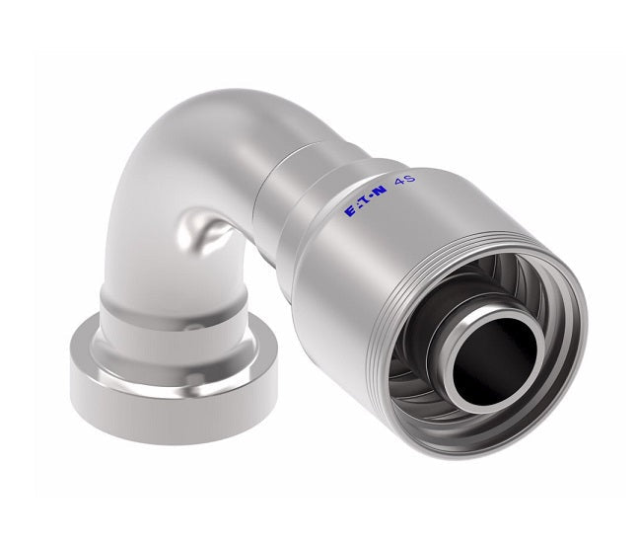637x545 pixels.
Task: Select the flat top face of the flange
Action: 99,347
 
